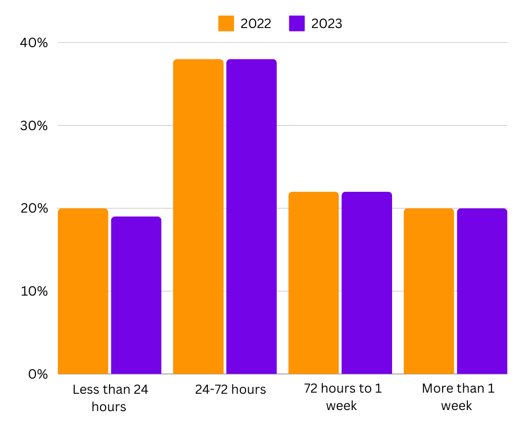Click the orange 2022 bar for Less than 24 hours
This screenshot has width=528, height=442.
[83, 291]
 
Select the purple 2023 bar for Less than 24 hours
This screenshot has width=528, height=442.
[136, 295]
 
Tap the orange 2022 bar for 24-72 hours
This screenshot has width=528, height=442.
[198, 217]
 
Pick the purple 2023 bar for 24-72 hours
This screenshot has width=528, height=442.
[251, 217]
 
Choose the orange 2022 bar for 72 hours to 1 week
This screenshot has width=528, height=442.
[313, 283]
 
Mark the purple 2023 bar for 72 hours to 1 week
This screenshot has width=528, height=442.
[367, 283]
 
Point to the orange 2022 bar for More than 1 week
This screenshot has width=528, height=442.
[429, 291]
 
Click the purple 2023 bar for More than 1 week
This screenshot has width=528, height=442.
[482, 291]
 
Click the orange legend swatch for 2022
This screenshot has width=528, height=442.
[226, 24]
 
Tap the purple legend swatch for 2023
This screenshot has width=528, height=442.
[297, 24]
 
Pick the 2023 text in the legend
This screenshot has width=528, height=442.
[326, 24]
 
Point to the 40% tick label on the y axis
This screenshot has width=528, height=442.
[35, 43]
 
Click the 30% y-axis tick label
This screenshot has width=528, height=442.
[35, 126]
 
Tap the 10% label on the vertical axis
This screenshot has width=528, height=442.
[35, 291]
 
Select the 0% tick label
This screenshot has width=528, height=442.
[38, 374]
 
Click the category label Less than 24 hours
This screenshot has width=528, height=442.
[110, 398]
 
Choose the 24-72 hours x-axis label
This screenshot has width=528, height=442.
[230, 389]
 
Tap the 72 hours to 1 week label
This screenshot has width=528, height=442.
[342, 397]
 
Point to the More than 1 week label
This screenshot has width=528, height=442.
[457, 397]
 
